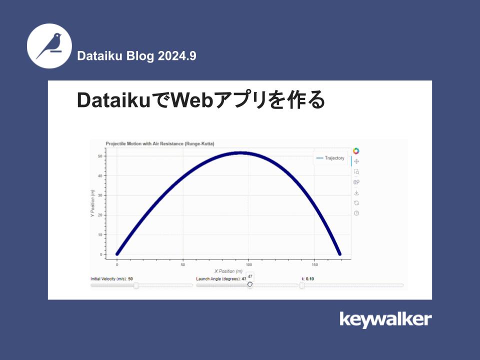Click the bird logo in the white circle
[49, 45]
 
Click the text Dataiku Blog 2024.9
[136, 56]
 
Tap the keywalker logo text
[385, 319]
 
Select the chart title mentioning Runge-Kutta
[160, 143]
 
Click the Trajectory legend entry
[330, 158]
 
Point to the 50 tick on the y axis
[100, 156]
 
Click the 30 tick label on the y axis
[100, 195]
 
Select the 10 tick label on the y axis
[100, 234]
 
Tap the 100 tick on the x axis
[248, 264]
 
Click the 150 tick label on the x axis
[314, 264]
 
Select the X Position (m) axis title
[228, 271]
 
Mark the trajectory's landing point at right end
[340, 254]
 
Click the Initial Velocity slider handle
[136, 285]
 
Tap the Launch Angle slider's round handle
[250, 284]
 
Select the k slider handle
[302, 285]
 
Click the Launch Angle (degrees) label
[218, 278]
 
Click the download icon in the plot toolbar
[356, 192]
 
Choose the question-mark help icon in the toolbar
[356, 213]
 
